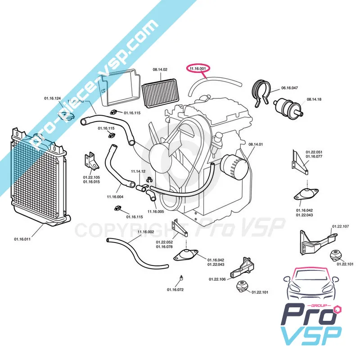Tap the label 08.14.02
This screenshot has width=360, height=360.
[x=160, y=69]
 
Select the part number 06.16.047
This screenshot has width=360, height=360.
[x=289, y=88]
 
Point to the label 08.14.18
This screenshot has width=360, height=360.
[x=314, y=99]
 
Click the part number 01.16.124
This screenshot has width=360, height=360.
[x=52, y=98]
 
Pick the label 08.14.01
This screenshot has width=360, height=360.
[x=255, y=144]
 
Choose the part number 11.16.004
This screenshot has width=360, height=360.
[x=115, y=197]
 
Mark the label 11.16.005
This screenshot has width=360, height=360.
[x=155, y=211]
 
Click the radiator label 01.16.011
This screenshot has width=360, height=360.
[x=22, y=239]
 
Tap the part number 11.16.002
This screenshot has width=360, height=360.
[x=146, y=232]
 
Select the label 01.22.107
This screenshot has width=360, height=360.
[x=340, y=226]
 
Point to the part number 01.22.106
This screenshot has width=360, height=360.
[x=216, y=279]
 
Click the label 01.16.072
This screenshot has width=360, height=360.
[x=175, y=290]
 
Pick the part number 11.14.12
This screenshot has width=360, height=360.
[x=139, y=171]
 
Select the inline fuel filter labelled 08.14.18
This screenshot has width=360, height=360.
[x=287, y=106]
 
